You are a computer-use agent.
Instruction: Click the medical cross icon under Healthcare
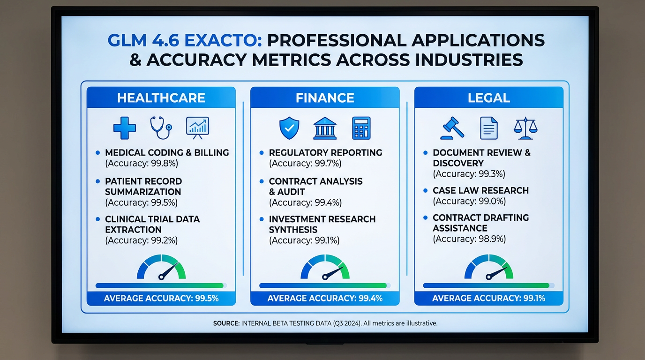coord(125,127)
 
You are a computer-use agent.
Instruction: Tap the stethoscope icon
coord(161,127)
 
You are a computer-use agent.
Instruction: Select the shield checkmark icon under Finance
coord(289,128)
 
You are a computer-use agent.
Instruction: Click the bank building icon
coord(325,128)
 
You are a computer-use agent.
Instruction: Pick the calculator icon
coord(361,128)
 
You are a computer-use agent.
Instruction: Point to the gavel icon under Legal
coord(452,128)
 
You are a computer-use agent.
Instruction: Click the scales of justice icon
coord(525,128)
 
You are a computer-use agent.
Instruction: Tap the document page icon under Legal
coord(489,128)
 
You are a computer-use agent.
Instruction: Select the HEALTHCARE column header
coord(161,98)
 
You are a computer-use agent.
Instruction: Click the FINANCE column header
coord(325,98)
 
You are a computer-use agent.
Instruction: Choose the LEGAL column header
coord(488,98)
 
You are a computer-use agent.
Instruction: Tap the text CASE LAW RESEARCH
coord(480,190)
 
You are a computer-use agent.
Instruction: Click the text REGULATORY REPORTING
coord(325,153)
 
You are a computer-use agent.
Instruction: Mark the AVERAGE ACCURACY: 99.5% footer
coord(161,298)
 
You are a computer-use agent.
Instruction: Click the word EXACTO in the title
coord(222,40)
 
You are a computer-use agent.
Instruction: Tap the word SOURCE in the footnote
coord(226,323)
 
